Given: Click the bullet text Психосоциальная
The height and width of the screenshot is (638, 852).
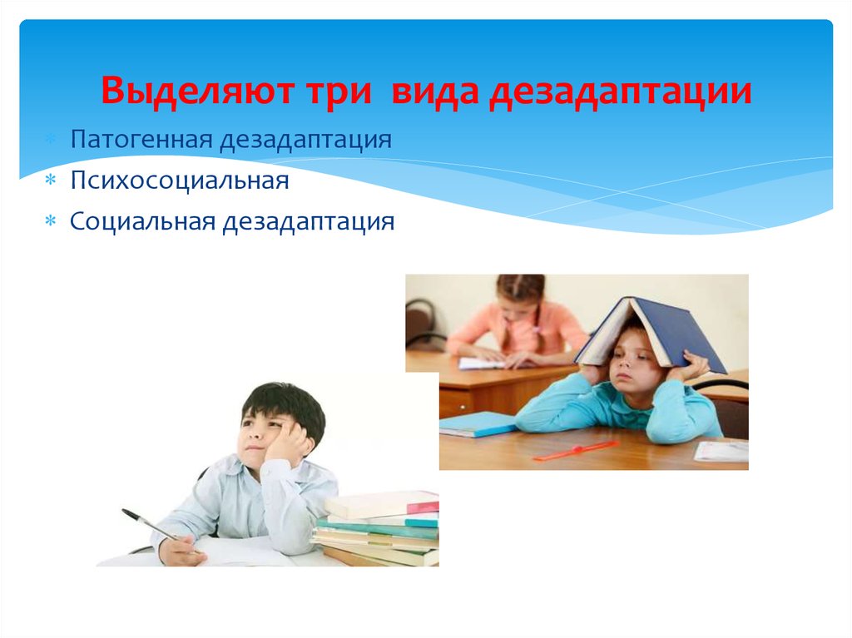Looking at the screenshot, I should [x=180, y=181].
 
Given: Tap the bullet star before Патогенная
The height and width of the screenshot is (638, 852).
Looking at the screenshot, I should [x=51, y=138].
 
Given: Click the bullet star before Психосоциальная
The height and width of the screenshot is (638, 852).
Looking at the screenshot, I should [x=51, y=181].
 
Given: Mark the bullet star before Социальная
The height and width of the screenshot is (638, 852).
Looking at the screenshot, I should [x=51, y=223].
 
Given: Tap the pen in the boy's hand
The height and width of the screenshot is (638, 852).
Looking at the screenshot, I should [x=150, y=524].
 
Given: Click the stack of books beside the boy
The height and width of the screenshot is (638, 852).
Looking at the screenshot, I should [x=379, y=528].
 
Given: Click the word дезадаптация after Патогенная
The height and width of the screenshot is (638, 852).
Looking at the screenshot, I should [x=306, y=138].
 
